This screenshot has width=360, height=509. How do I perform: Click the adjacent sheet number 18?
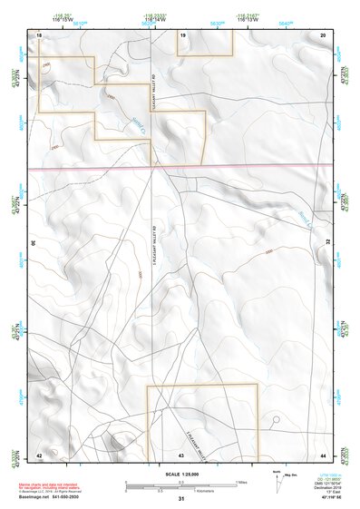(39, 34)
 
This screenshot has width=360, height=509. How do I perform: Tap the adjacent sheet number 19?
(182, 34)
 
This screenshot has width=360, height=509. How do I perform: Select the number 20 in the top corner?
(324, 34)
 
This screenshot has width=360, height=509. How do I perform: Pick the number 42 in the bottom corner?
(39, 454)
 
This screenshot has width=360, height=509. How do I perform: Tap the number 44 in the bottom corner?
(324, 454)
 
